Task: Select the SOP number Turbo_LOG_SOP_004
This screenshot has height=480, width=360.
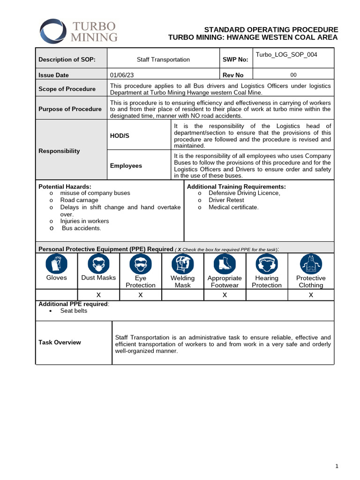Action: (286, 55)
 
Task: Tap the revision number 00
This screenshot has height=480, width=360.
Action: (293, 75)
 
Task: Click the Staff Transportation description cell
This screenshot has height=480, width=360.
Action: (163, 60)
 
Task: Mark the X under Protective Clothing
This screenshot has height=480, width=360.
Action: (311, 295)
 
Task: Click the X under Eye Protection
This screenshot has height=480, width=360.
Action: (141, 295)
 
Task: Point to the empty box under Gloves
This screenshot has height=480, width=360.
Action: (56, 295)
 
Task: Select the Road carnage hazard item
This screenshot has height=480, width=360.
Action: (79, 200)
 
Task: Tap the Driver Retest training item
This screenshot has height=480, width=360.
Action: (226, 200)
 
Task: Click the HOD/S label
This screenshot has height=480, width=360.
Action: (120, 135)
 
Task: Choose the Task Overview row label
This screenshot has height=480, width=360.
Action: (60, 342)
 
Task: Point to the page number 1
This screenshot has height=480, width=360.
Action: (337, 466)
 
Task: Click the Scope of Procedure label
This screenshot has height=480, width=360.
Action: (67, 89)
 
